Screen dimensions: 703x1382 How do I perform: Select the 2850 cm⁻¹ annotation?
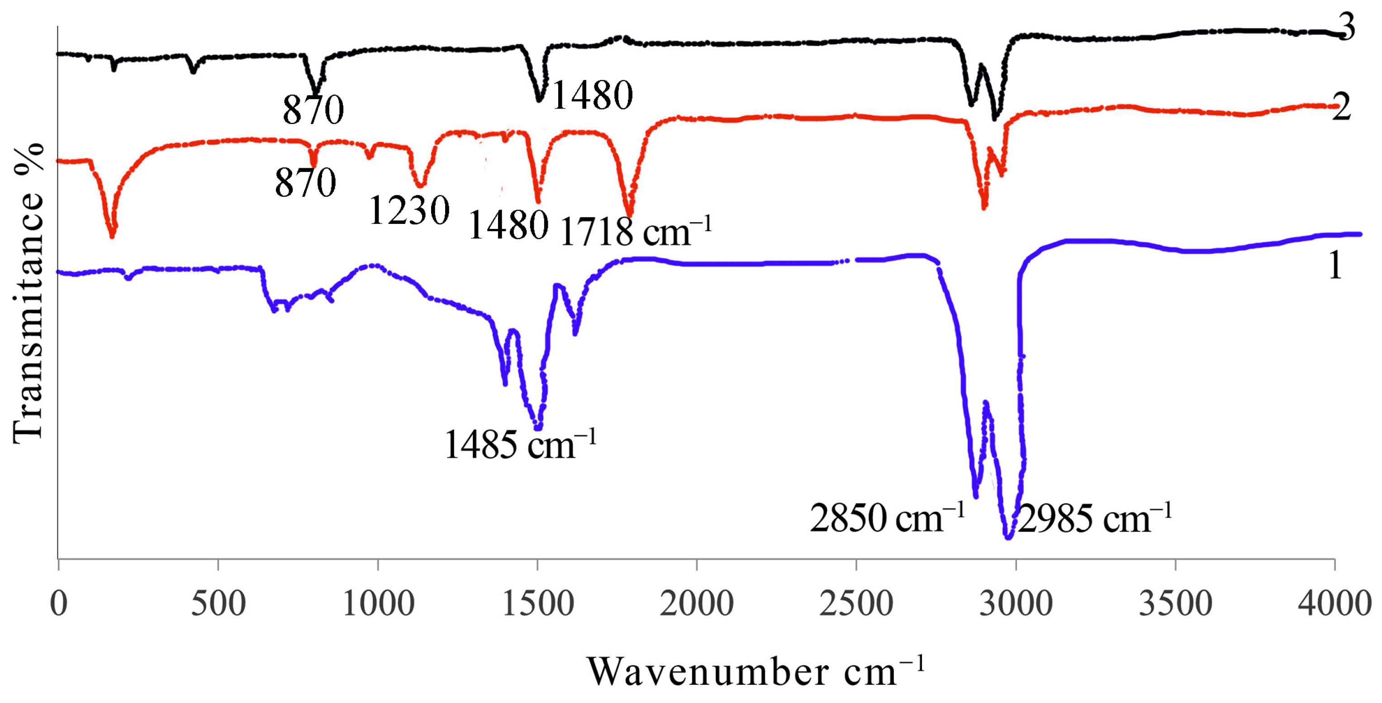click(x=887, y=518)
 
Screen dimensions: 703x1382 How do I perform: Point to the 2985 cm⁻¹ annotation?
click(x=1094, y=519)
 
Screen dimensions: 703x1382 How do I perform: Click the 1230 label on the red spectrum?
click(x=409, y=210)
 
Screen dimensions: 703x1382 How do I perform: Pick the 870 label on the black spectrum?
click(x=313, y=110)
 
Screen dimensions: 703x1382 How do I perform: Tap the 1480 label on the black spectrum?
click(x=592, y=95)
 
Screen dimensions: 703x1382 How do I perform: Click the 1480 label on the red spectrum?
click(x=508, y=225)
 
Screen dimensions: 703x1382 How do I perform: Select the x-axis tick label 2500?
click(x=856, y=604)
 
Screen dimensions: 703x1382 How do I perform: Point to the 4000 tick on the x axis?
click(x=1334, y=604)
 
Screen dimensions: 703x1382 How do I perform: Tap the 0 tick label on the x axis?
click(x=58, y=604)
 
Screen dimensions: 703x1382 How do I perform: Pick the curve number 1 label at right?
click(x=1335, y=266)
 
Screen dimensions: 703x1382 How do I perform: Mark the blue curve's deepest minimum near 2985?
click(x=1008, y=537)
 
